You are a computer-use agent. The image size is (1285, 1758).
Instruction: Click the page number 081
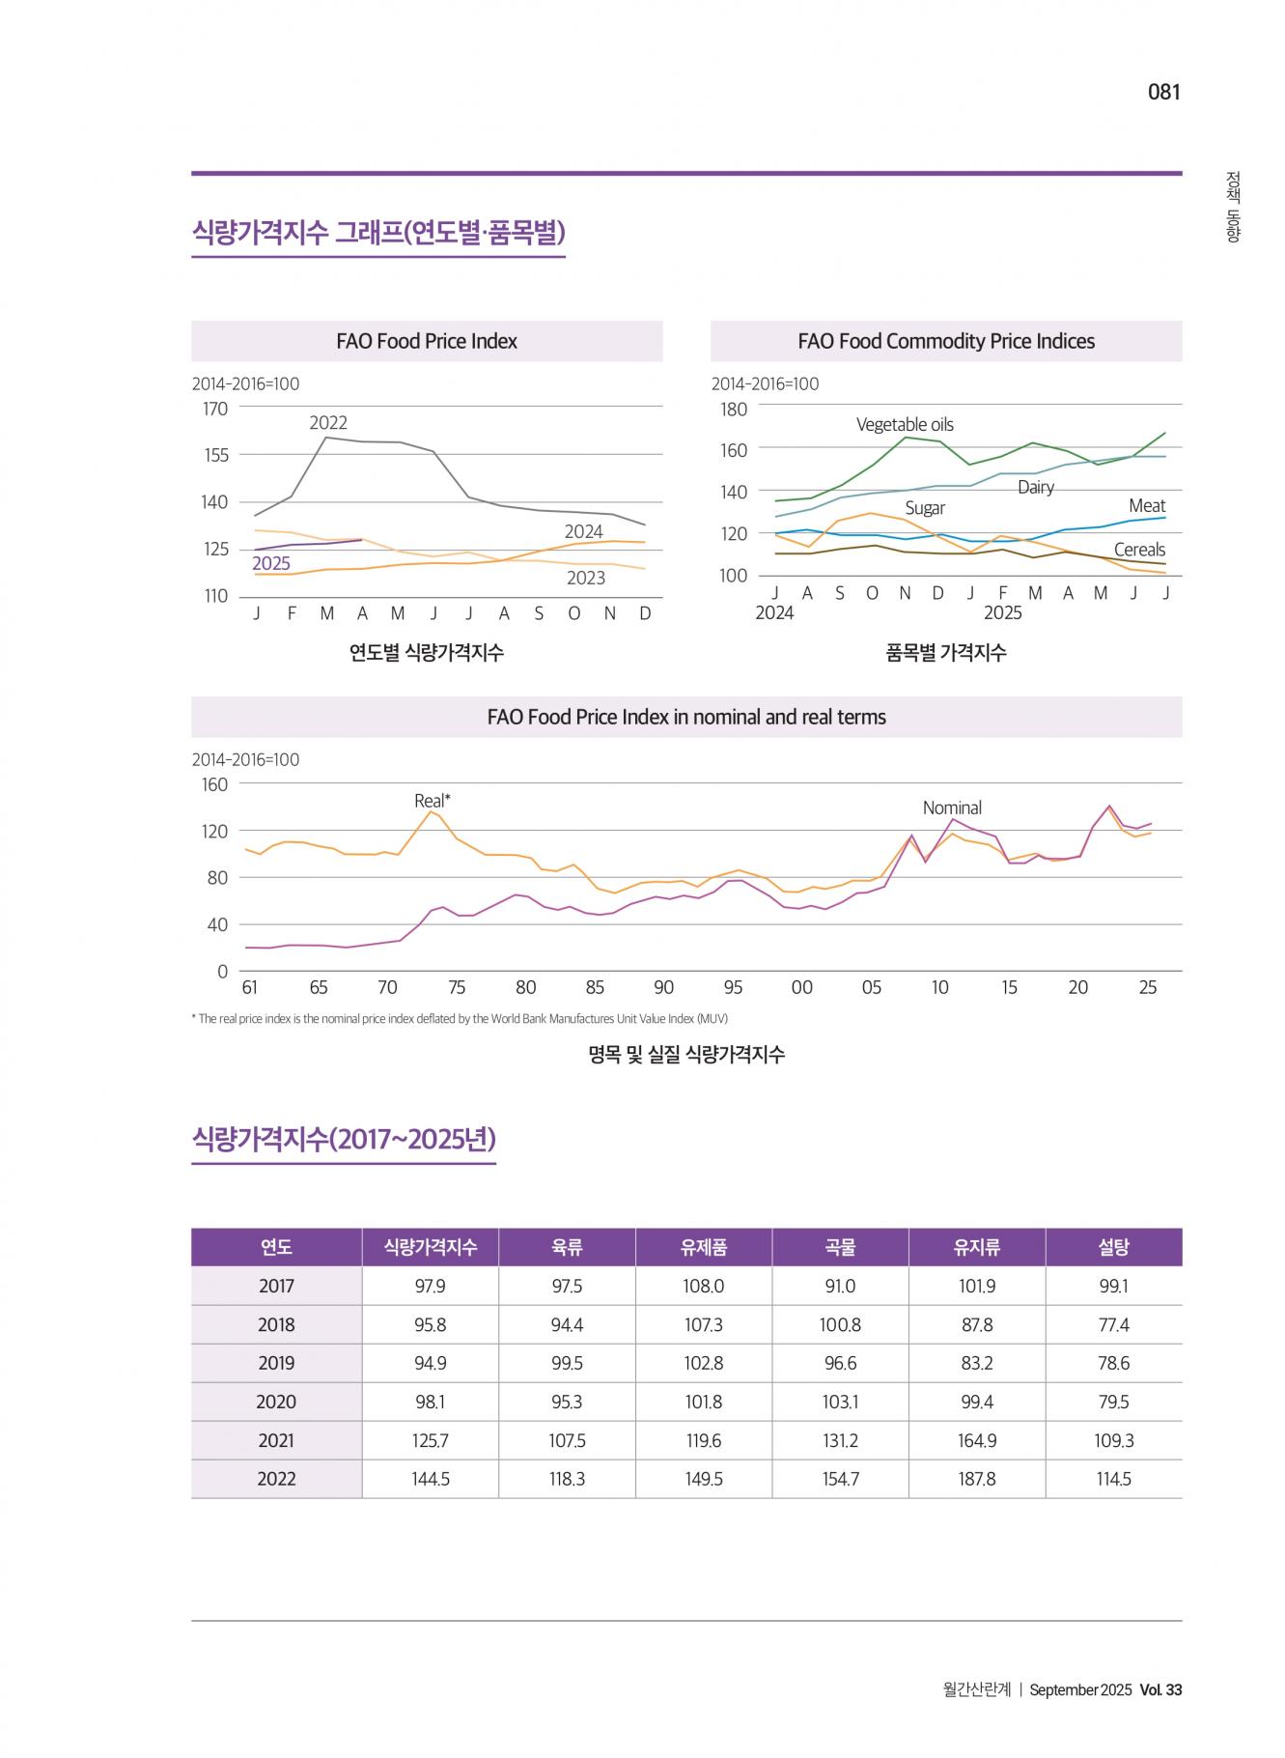(x=1163, y=92)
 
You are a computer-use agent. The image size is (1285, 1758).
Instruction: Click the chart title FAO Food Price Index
(x=427, y=341)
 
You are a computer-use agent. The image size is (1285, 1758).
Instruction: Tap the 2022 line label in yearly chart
(x=328, y=422)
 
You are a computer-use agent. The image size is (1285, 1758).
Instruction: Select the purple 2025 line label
(x=271, y=564)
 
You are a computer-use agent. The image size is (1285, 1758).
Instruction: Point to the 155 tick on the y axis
(x=215, y=455)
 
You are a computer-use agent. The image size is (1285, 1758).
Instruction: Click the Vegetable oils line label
(x=905, y=424)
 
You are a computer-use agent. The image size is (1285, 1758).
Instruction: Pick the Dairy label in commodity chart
(x=1035, y=487)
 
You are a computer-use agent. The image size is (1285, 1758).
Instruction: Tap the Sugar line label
(x=925, y=508)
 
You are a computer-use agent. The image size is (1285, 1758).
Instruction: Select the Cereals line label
(x=1139, y=550)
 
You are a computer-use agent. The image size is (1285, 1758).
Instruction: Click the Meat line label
(x=1147, y=505)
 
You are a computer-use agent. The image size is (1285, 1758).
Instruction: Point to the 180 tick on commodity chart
(x=734, y=409)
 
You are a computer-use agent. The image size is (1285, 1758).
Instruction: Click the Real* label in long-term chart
(x=433, y=800)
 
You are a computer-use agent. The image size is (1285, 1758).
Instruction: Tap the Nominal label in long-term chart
(x=952, y=808)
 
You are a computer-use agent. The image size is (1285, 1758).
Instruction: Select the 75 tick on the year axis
(x=457, y=987)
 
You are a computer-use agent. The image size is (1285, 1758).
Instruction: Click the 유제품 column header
(x=704, y=1247)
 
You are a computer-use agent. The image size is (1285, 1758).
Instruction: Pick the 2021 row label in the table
(x=276, y=1440)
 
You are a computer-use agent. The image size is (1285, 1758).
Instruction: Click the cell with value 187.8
(x=977, y=1479)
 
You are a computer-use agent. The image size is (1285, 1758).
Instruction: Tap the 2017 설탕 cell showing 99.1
(x=1113, y=1286)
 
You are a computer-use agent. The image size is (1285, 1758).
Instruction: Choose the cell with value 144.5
(x=431, y=1479)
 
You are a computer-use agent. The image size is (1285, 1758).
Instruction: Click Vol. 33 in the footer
(x=1160, y=1689)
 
